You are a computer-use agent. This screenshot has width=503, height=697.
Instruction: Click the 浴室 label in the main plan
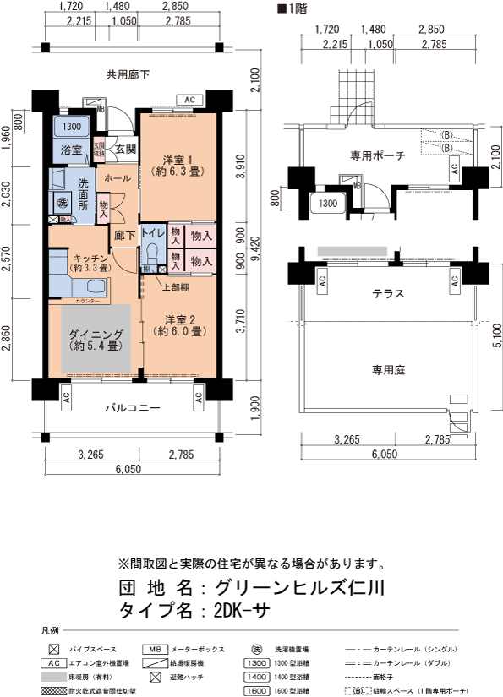click(71, 150)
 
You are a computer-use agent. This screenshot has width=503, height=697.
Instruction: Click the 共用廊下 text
click(128, 74)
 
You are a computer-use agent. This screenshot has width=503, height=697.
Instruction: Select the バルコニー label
click(132, 408)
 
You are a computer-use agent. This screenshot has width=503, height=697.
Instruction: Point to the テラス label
click(387, 294)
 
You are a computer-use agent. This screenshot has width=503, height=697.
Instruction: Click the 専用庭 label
click(387, 368)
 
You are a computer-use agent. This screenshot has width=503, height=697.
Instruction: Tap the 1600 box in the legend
click(256, 689)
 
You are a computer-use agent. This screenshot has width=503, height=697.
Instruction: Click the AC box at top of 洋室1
click(189, 101)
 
